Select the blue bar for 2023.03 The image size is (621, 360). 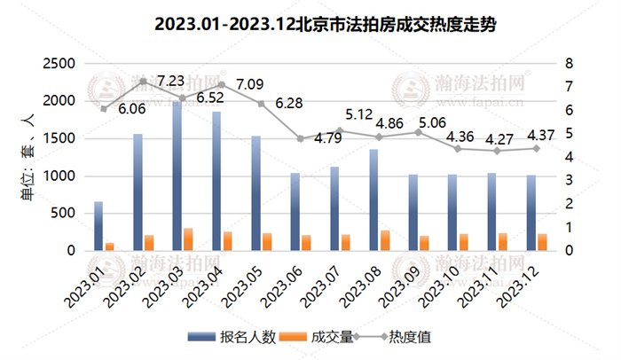point(177,176)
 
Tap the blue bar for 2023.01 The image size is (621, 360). point(98,226)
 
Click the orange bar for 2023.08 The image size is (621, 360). point(385,240)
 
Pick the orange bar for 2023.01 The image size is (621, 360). point(110,246)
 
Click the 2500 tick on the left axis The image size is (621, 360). point(60,64)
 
